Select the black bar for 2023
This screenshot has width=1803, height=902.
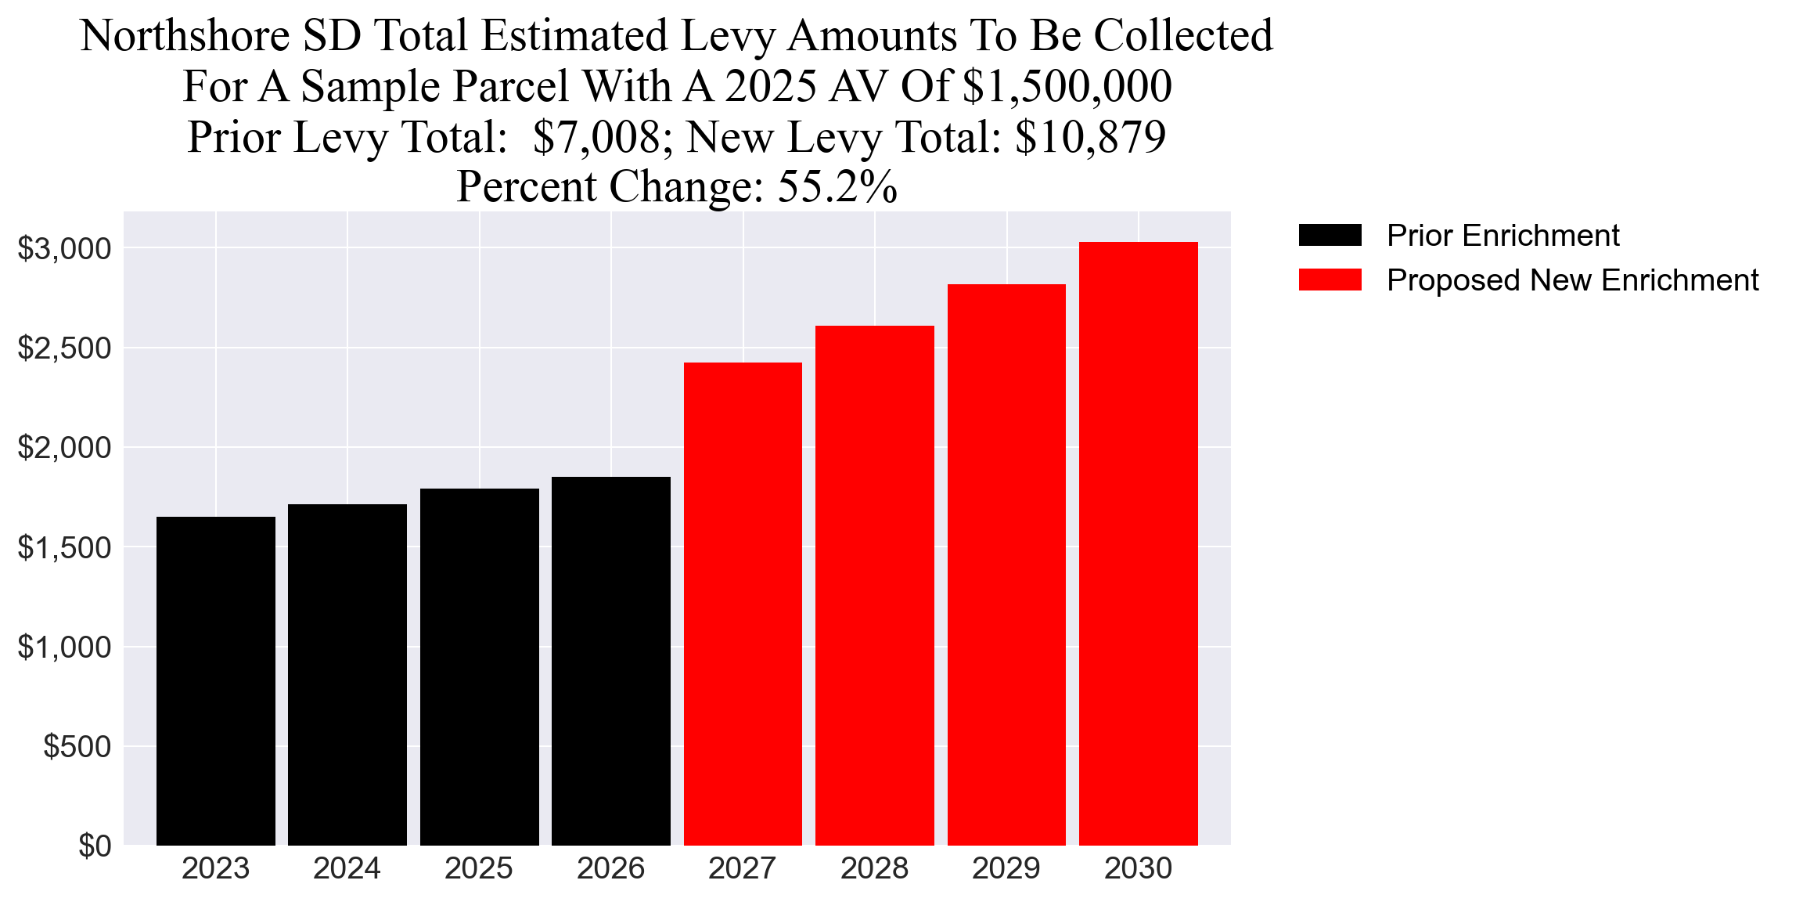click(215, 681)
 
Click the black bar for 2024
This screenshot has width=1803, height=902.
click(347, 675)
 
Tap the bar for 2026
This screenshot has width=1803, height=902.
click(610, 662)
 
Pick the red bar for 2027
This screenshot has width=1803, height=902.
click(743, 604)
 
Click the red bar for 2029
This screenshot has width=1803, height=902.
click(1006, 565)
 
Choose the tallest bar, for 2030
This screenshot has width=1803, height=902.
click(1138, 543)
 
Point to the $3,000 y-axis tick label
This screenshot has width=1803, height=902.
click(65, 249)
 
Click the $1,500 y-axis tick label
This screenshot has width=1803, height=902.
click(65, 547)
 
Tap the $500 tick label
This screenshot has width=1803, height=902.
click(77, 746)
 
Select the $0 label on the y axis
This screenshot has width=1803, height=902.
click(95, 846)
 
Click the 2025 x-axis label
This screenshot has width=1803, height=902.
click(479, 868)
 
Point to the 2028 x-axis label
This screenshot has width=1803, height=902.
click(874, 868)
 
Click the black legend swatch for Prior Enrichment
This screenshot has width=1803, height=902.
click(1330, 236)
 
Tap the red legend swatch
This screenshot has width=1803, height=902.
click(1330, 280)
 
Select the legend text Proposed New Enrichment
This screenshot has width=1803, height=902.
click(1572, 280)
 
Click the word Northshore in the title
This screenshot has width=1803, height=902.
click(185, 36)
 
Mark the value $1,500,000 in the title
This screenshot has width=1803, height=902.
click(1067, 86)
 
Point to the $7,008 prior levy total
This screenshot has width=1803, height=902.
click(597, 137)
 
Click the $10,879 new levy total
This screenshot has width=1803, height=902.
click(1090, 137)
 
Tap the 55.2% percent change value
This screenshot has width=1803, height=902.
click(837, 187)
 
